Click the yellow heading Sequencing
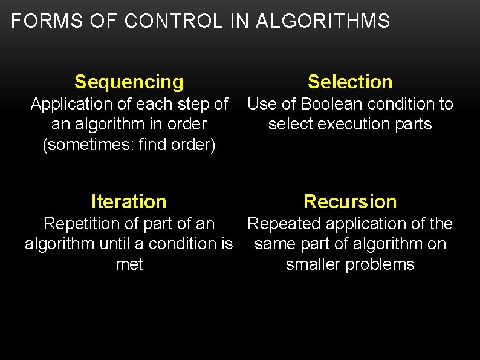(129, 82)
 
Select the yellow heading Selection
(350, 82)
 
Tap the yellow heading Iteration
(129, 201)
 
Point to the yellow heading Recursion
(350, 201)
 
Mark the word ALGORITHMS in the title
(323, 22)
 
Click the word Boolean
(329, 104)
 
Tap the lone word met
(129, 264)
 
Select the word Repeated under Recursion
(285, 224)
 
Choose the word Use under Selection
(261, 104)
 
